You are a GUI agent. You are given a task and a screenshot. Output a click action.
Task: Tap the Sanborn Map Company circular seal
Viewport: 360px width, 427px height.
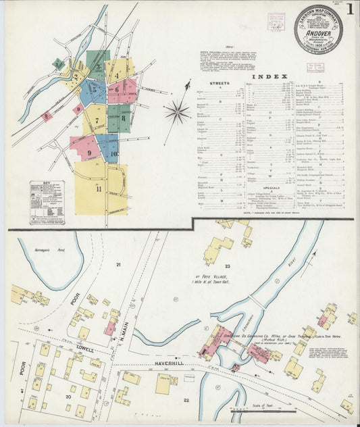[x=317, y=29]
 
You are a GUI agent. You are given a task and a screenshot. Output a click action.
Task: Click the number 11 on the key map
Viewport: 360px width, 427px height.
[x=99, y=189]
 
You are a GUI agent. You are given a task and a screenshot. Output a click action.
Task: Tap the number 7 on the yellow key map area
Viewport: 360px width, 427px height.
[x=97, y=121]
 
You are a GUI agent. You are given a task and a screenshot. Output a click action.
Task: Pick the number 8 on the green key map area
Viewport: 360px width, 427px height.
[x=124, y=118]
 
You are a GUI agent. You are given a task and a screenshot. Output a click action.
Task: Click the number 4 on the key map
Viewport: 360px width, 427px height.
[x=118, y=74]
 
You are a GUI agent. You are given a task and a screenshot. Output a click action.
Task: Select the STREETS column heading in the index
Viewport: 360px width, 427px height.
[x=220, y=84]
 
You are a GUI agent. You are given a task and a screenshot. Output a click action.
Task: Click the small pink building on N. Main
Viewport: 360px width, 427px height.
[x=109, y=328]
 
